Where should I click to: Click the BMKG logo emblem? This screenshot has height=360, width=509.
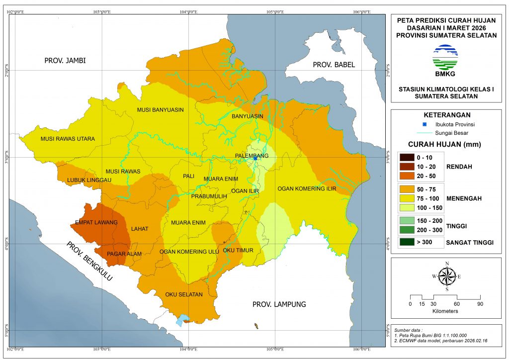pos(445,57)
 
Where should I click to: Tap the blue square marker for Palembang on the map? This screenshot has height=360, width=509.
pos(255,159)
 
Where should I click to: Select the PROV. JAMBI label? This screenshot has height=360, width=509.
pos(65,61)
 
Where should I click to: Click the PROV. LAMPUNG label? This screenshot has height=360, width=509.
pos(278,304)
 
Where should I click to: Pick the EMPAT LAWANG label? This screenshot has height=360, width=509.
pos(96,222)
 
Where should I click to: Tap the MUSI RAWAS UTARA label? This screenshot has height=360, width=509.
pos(68,139)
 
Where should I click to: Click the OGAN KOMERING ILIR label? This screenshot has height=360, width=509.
pos(307,189)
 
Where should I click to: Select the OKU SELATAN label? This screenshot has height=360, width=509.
pos(184,294)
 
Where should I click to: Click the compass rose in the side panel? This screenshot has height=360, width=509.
pos(447,276)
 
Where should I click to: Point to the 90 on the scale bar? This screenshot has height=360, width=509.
pos(480,304)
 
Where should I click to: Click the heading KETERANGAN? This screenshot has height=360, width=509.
pos(445,114)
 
